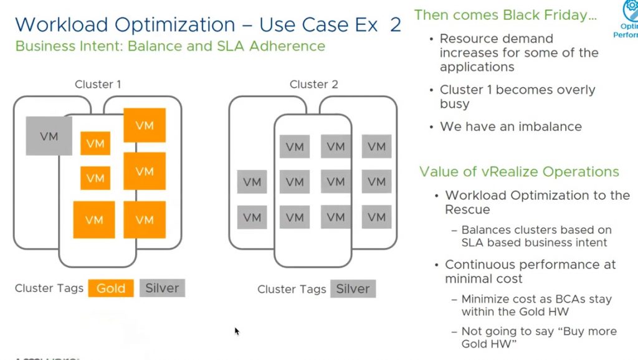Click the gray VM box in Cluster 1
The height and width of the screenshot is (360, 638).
pyautogui.click(x=49, y=136)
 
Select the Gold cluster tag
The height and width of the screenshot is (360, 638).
pyautogui.click(x=110, y=288)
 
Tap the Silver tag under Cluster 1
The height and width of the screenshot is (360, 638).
pyautogui.click(x=162, y=288)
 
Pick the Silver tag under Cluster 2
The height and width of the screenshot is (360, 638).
pyautogui.click(x=353, y=289)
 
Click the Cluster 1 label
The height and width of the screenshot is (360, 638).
pyautogui.click(x=98, y=84)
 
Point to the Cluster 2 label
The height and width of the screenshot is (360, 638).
pyautogui.click(x=313, y=84)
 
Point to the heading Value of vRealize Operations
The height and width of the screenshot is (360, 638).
pyautogui.click(x=519, y=172)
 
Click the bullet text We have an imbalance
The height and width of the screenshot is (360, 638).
pyautogui.click(x=511, y=126)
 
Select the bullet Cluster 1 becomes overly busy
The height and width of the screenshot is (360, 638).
pyautogui.click(x=517, y=97)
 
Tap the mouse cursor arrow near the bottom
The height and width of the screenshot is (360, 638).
pyautogui.click(x=237, y=331)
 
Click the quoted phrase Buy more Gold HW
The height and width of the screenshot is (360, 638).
pyautogui.click(x=539, y=337)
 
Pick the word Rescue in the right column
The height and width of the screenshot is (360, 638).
pyautogui.click(x=467, y=210)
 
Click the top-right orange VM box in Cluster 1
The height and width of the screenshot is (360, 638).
pyautogui.click(x=145, y=125)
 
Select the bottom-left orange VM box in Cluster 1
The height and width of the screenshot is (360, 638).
pyautogui.click(x=94, y=219)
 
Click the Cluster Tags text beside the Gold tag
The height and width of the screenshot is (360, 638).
pyautogui.click(x=49, y=288)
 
